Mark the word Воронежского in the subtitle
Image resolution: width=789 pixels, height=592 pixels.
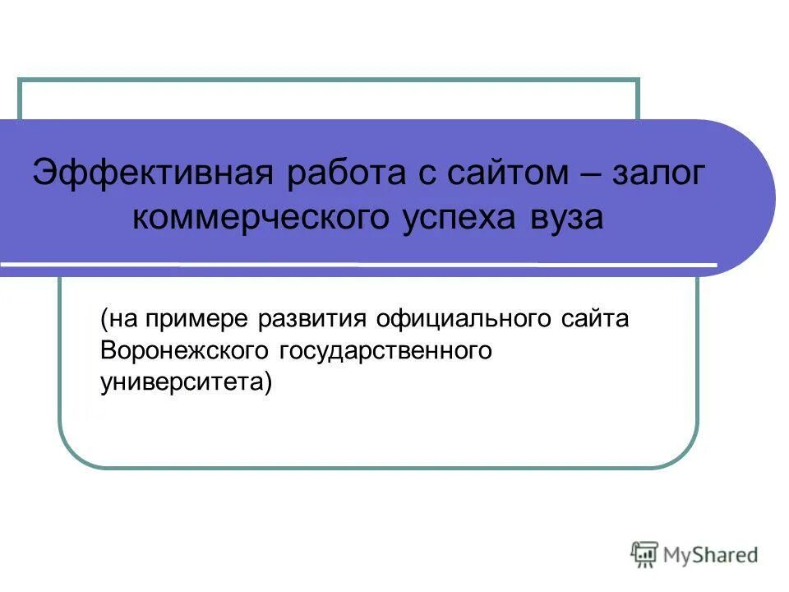[x=185, y=351]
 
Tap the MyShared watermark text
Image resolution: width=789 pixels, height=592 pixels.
[x=711, y=554]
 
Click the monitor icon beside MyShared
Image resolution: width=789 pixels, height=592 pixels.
[x=645, y=553]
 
